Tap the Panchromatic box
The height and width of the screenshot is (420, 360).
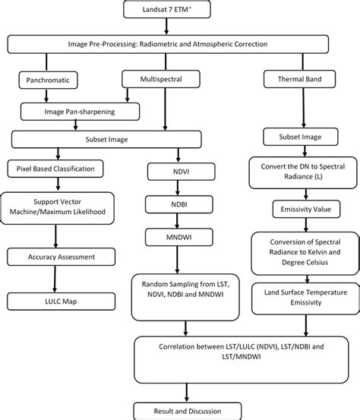45,78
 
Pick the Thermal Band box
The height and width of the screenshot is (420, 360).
298,78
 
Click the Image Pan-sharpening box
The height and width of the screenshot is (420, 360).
80,111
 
